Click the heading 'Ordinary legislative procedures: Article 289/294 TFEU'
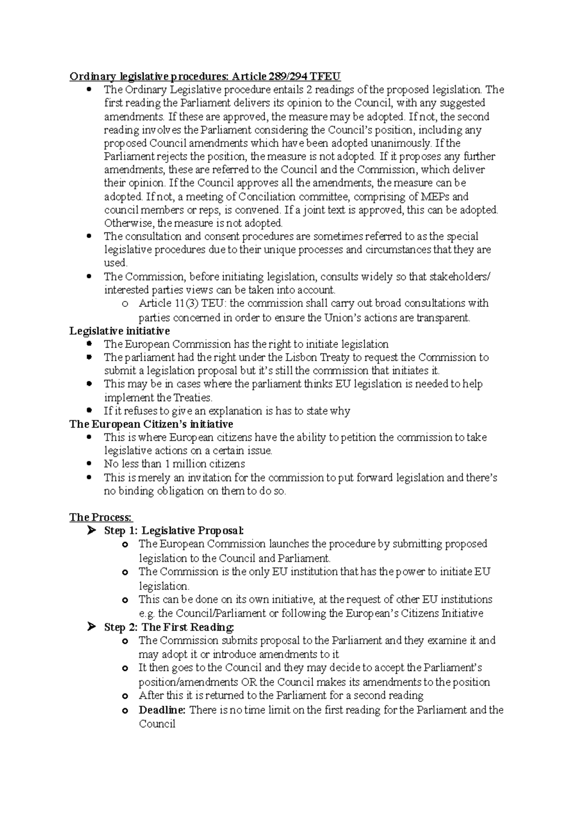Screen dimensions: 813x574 click(205, 76)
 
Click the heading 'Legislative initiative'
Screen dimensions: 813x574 click(119, 331)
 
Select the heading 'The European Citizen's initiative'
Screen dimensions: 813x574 click(151, 424)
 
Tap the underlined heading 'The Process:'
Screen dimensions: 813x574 click(101, 517)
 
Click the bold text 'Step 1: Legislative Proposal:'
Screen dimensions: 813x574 click(174, 531)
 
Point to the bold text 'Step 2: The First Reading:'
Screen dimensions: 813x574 click(169, 627)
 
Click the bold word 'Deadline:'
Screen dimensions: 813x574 click(162, 710)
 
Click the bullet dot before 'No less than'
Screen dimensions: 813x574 click(89, 463)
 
